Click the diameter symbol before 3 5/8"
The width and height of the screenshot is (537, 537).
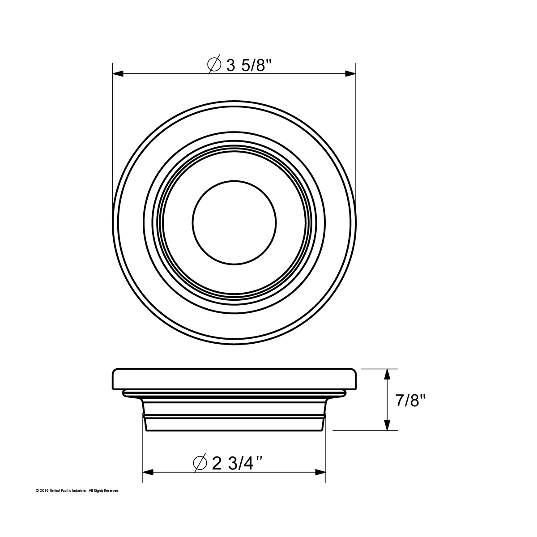click(214, 65)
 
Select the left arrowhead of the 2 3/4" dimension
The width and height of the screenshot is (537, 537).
click(148, 472)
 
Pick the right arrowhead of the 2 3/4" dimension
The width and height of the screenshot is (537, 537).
click(320, 472)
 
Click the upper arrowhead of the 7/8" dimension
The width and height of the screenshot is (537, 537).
click(388, 374)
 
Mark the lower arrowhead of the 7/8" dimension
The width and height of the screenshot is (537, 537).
click(388, 425)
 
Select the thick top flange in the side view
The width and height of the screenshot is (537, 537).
click(234, 379)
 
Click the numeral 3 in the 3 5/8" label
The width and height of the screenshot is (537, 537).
click(231, 65)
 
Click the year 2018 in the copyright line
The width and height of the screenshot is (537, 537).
click(44, 491)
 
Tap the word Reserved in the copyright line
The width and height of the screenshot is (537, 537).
click(112, 491)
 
